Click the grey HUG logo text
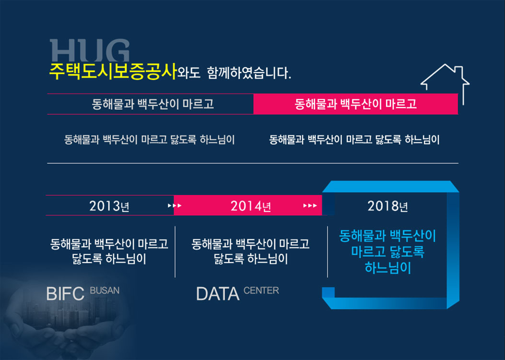click(90, 50)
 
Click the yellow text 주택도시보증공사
click(113, 72)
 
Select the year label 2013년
click(109, 206)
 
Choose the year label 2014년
click(250, 206)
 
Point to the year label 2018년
click(388, 206)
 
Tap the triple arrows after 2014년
click(310, 205)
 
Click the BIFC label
click(65, 294)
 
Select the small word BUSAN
click(105, 290)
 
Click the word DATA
click(218, 294)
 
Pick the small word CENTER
click(261, 290)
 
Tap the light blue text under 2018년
click(388, 252)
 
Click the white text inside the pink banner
click(355, 104)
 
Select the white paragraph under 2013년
click(109, 252)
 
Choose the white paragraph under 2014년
click(250, 252)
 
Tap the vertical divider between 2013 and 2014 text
click(175, 252)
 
